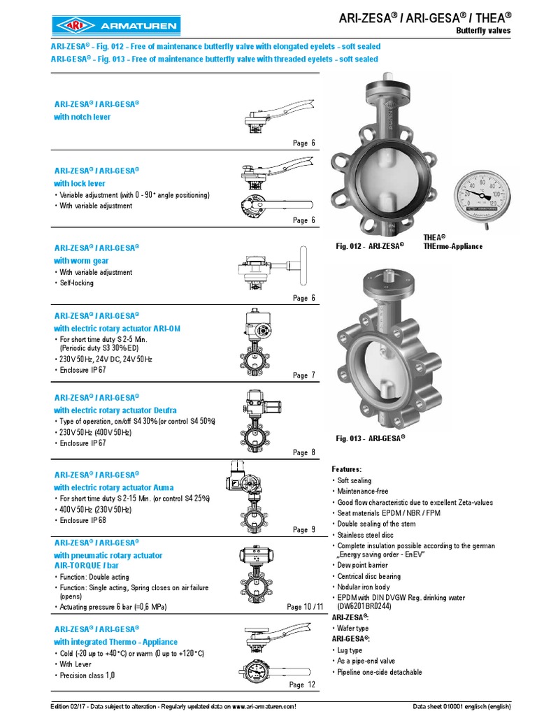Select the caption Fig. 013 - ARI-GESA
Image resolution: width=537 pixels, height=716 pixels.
(x=371, y=438)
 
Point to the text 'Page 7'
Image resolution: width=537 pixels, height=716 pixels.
(x=304, y=375)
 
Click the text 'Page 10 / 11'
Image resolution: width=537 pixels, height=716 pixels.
(x=305, y=607)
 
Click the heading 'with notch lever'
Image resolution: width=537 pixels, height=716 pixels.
(x=82, y=117)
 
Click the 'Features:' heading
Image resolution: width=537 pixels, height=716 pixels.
(x=346, y=468)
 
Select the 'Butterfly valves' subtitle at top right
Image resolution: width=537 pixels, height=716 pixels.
(x=483, y=31)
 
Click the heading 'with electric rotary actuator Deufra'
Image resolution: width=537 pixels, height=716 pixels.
(x=115, y=410)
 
